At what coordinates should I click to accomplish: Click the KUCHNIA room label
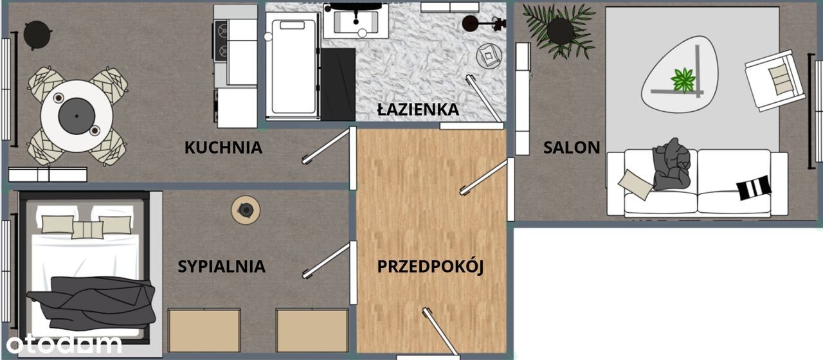(x=223, y=147)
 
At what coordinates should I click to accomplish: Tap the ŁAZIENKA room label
(x=418, y=109)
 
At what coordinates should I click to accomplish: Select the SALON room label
(x=572, y=147)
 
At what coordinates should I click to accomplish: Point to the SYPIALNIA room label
(x=222, y=266)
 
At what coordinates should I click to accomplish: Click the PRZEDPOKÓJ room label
(x=430, y=266)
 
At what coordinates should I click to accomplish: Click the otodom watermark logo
(x=64, y=344)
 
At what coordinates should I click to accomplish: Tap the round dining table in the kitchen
(x=77, y=116)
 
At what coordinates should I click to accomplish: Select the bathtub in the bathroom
(x=293, y=66)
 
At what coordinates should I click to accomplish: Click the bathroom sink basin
(x=356, y=22)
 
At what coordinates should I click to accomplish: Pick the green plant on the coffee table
(x=683, y=80)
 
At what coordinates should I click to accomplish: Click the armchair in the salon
(x=775, y=81)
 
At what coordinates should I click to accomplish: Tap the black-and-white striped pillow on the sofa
(x=754, y=188)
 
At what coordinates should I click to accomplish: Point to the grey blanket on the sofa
(x=671, y=165)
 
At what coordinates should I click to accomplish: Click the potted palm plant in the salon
(x=559, y=32)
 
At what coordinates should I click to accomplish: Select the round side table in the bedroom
(x=246, y=210)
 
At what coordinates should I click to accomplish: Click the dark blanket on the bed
(x=92, y=302)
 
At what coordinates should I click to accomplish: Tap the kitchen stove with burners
(x=221, y=40)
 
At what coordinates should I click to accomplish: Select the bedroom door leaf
(x=325, y=260)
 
